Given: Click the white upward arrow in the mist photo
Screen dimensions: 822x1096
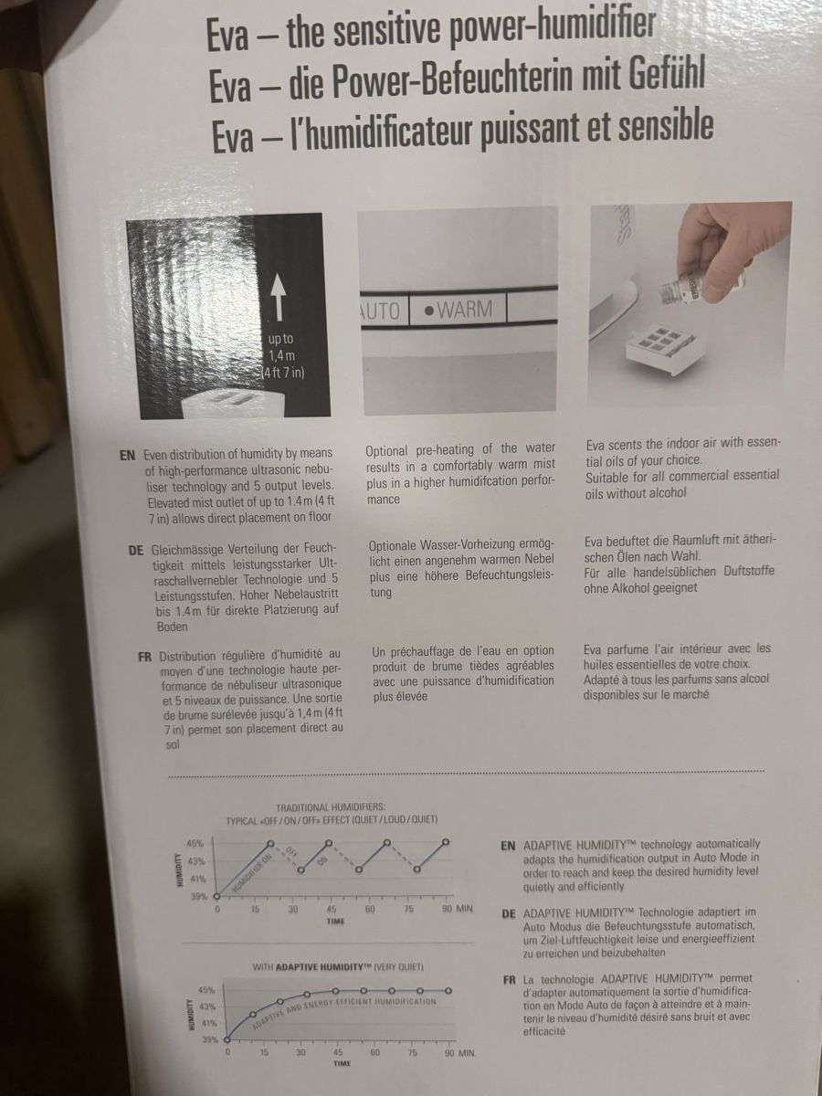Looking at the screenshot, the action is click(279, 297).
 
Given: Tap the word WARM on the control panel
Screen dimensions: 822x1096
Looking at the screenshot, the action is click(465, 310).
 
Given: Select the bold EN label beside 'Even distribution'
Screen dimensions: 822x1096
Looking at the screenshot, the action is click(128, 456).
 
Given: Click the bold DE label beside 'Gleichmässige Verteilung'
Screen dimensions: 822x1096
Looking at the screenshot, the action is click(136, 551).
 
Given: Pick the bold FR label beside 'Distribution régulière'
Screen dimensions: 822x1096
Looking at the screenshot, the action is click(144, 657).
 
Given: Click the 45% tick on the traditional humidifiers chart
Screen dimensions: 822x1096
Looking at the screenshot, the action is click(195, 844).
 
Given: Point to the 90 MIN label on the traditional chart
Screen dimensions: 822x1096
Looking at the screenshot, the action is click(458, 909).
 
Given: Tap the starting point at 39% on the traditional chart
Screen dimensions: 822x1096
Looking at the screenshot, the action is click(216, 896).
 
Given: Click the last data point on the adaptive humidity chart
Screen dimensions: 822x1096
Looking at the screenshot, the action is click(448, 991).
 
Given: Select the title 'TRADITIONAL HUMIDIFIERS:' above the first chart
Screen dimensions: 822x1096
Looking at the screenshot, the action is click(331, 807).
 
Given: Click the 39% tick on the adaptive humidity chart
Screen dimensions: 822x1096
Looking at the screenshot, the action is click(210, 1040).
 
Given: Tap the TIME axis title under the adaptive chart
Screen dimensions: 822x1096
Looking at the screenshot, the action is click(342, 1063).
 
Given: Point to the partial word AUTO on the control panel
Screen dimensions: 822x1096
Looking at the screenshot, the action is click(381, 311).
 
